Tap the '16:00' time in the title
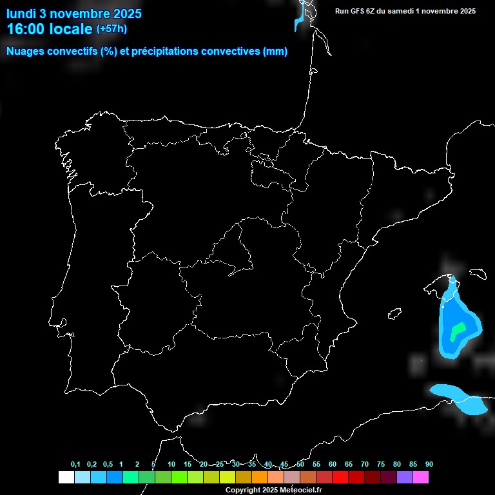pos(26,29)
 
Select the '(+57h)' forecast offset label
pos(112,28)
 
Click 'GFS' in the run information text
pos(358,11)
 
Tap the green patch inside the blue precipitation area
pos(457,332)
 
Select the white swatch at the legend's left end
pos(66,478)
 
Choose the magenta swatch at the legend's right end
pos(421,478)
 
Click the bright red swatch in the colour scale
pos(340,478)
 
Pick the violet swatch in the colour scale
pos(405,478)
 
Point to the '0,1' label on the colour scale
pos(75,465)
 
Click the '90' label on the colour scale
pos(429,465)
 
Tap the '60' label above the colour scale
pos(333,465)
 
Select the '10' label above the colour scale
pos(171,465)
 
